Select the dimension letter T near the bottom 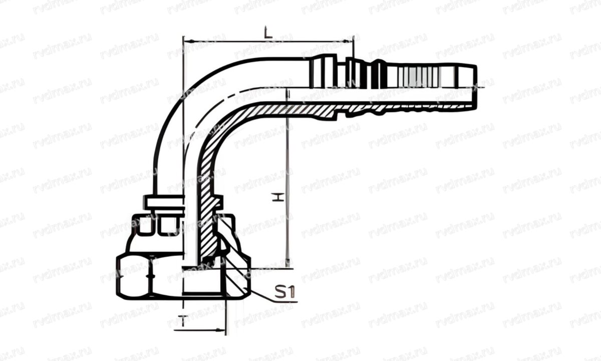coord(184,322)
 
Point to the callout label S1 coord(286,292)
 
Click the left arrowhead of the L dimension coord(187,41)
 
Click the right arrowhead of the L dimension coord(350,41)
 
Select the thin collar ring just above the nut coord(165,202)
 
